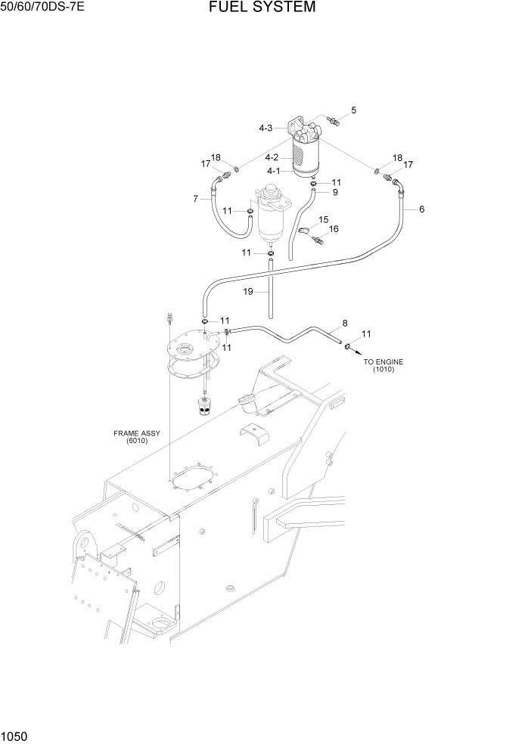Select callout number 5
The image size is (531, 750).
coord(353,110)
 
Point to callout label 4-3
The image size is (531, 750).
coord(265,129)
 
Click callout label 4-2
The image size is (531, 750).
coord(272,157)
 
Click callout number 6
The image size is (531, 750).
coord(421,209)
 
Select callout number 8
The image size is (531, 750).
coord(345,323)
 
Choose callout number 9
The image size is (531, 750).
coord(335,192)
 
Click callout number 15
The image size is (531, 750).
coord(323,219)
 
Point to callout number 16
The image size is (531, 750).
coord(334,229)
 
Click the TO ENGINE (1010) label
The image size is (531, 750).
coord(383,366)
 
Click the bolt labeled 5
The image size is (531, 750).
coord(333,119)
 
